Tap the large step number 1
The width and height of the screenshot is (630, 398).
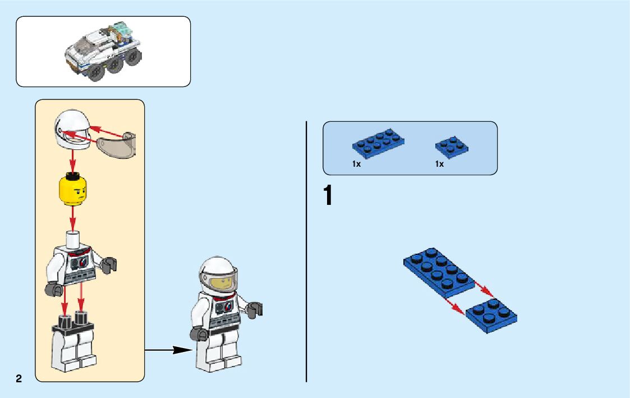(328, 196)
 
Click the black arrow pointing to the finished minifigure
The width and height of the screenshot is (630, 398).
(168, 350)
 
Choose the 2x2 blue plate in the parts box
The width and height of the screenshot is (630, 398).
(452, 147)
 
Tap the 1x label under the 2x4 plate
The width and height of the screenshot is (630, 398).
(356, 164)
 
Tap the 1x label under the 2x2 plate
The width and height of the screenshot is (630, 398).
(439, 164)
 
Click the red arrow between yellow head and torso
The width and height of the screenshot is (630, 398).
(72, 216)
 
